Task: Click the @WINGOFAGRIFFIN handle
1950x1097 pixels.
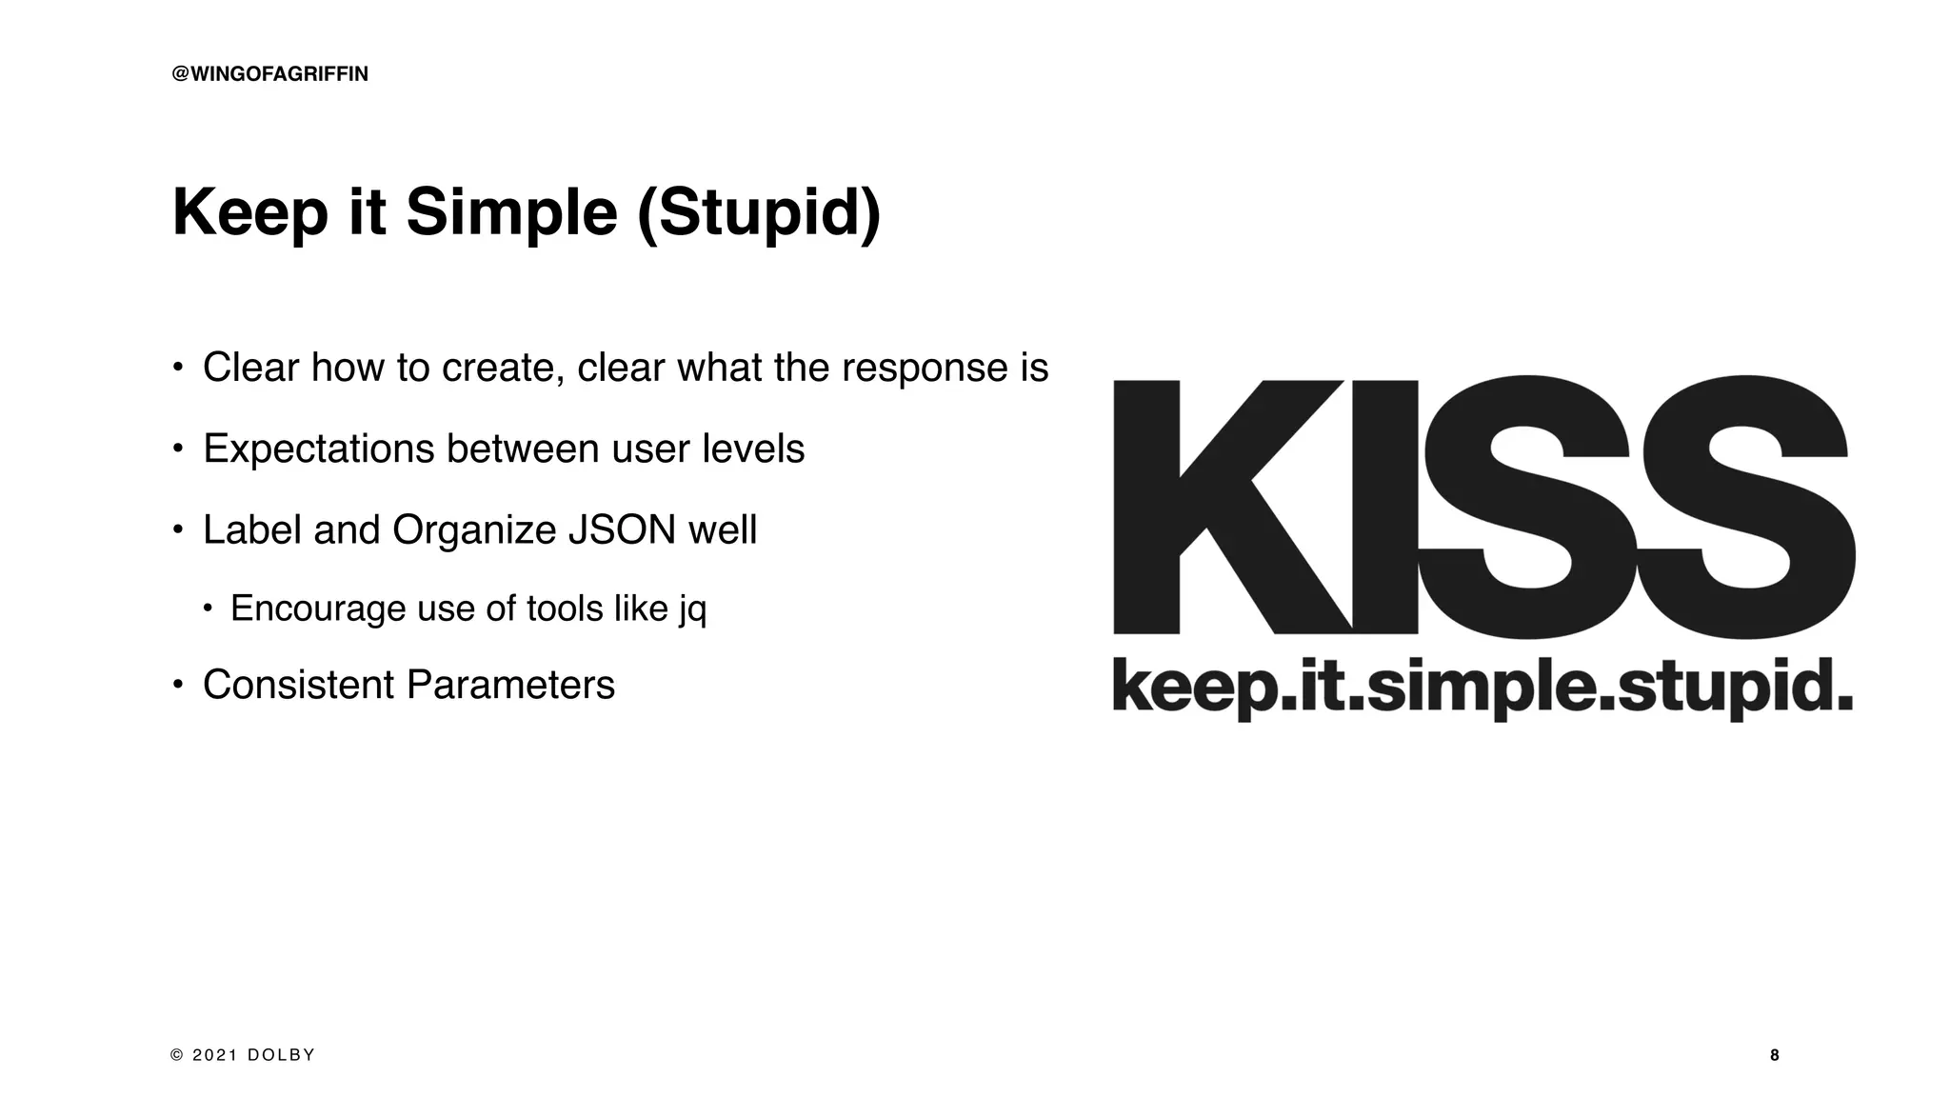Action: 269,74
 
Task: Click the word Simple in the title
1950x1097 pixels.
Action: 511,212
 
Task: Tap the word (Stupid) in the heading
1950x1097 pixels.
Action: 759,212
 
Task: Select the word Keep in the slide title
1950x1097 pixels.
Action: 250,212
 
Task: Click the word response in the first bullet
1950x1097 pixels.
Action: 920,369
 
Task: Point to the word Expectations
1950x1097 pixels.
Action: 318,449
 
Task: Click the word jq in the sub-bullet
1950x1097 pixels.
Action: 692,609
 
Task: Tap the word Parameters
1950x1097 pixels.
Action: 510,685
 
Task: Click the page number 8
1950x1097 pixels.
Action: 1774,1055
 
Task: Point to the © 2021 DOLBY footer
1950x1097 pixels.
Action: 243,1055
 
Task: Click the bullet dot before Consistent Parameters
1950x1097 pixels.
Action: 177,685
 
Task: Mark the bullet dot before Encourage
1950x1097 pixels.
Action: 208,608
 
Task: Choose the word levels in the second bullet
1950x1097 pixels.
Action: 753,449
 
